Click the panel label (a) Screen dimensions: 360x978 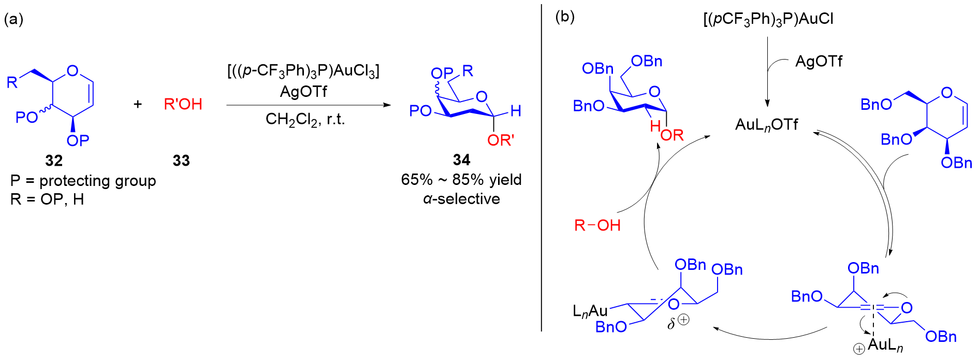coord(14,19)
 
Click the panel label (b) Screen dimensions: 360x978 coord(565,17)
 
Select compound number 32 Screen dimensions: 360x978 coord(54,161)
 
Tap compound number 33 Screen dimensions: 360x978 coord(181,161)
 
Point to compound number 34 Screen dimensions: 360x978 coord(461,160)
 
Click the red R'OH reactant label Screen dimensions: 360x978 coord(183,104)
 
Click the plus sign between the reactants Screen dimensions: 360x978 coord(138,104)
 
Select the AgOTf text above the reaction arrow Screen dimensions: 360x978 coord(303,92)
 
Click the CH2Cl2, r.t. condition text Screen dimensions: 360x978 coord(305,120)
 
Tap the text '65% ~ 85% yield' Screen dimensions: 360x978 coord(461,180)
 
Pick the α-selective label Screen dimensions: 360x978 coord(461,199)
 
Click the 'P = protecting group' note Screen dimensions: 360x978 coord(83,181)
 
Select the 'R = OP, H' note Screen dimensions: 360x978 coord(47,199)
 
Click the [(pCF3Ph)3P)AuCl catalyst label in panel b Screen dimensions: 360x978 coord(768,19)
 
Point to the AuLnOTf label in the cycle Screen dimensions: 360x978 coord(767,125)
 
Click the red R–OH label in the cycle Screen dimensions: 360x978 coord(597,225)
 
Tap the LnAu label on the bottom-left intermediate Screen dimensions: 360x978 coord(590,311)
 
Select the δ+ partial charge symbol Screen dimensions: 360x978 coord(678,322)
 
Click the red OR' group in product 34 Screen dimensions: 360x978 coord(500,140)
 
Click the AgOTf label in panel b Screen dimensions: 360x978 coord(819,62)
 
